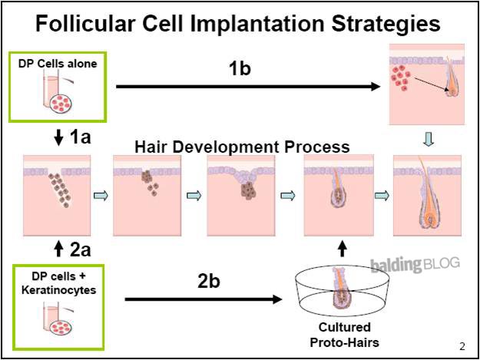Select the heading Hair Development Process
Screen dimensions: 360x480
point(242,147)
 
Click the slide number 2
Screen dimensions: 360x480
point(462,345)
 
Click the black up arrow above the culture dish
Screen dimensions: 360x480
point(343,248)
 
